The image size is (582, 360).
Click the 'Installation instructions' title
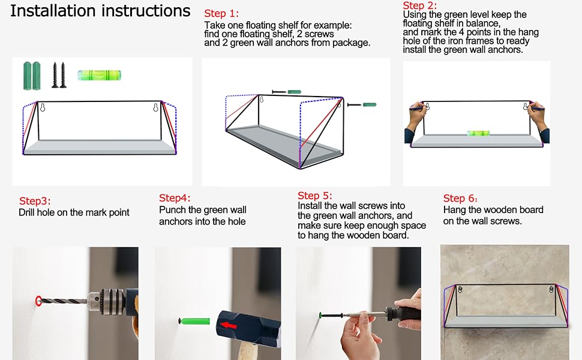pos(100,11)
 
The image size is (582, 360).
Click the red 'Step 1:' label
pos(221,14)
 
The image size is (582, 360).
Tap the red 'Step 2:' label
pos(420,5)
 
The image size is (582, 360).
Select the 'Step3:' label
pos(35,201)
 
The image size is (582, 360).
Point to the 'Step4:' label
pos(175,198)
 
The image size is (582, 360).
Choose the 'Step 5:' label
pos(315,196)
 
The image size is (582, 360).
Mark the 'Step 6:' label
pos(460,199)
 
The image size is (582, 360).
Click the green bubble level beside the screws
pos(99,76)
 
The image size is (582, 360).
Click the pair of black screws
pos(59,75)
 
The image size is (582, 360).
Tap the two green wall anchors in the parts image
pos(32,76)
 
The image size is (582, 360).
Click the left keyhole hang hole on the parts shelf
pos(43,107)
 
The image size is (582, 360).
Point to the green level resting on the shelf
pos(478,133)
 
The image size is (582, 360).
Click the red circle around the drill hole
pos(38,301)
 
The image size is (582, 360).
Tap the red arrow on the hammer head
pos(229,325)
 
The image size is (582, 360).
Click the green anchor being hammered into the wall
pos(194,321)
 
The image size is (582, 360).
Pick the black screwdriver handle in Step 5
pos(403,313)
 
